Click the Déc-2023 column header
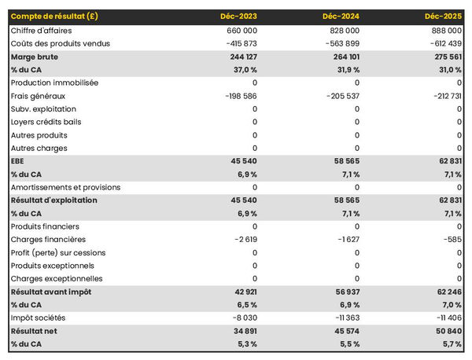[x=240, y=17]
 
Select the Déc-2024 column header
[x=341, y=17]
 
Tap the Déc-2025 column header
[x=443, y=17]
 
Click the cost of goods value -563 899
[x=341, y=43]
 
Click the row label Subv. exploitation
[x=44, y=108]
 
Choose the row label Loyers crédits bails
[x=46, y=122]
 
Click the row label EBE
[x=18, y=161]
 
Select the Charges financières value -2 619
[x=245, y=240]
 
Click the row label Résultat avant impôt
[x=51, y=292]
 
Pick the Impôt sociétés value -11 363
[x=345, y=318]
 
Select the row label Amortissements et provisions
[x=66, y=187]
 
